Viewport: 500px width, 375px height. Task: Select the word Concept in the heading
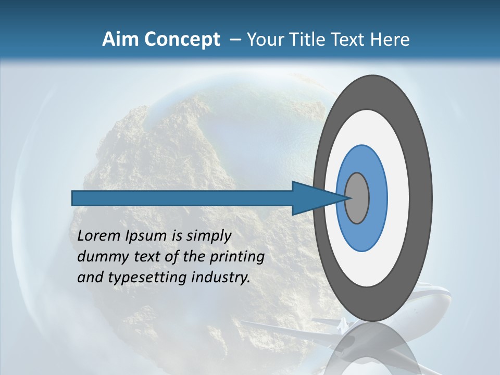(182, 40)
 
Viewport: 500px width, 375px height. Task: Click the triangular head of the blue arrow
(312, 198)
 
